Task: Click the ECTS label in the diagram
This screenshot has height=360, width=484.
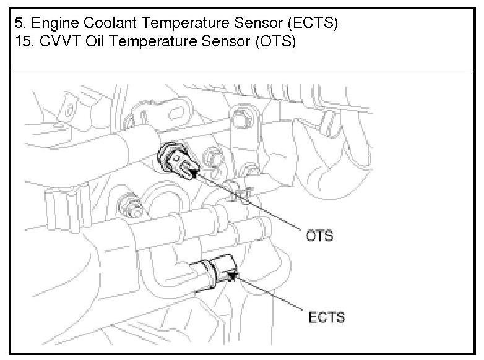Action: click(x=326, y=319)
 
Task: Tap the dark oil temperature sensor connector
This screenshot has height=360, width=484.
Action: click(x=179, y=162)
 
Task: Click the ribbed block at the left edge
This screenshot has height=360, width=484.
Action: click(x=54, y=205)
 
